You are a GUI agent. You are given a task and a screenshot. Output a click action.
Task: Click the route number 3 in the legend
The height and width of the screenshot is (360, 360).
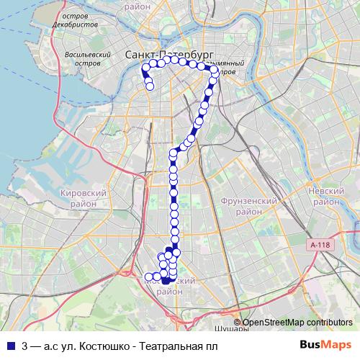point(25,346)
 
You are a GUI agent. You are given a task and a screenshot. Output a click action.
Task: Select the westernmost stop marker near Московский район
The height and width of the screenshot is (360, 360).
point(149,276)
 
